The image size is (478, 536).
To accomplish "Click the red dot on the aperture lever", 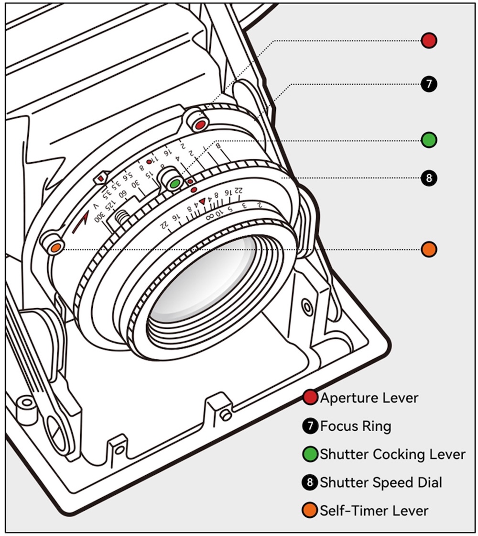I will tap(198, 125).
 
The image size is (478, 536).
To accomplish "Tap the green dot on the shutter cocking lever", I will tap(175, 183).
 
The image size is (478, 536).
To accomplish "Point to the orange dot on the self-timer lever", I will tap(55, 247).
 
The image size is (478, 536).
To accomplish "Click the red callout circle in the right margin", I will tap(429, 40).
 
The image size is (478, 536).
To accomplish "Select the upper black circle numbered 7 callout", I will tap(429, 84).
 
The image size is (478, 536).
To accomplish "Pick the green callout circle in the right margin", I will tap(429, 140).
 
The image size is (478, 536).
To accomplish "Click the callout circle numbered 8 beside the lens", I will tap(429, 179).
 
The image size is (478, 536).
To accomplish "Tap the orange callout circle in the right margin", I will tap(429, 249).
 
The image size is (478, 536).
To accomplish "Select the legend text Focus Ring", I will tap(355, 426).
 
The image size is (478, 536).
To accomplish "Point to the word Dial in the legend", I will tap(428, 482).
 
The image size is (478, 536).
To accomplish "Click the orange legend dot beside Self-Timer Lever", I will tap(310, 510).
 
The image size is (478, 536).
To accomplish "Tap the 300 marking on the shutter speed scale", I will tap(100, 219).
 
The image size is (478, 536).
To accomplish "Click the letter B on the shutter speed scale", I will tap(218, 145).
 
